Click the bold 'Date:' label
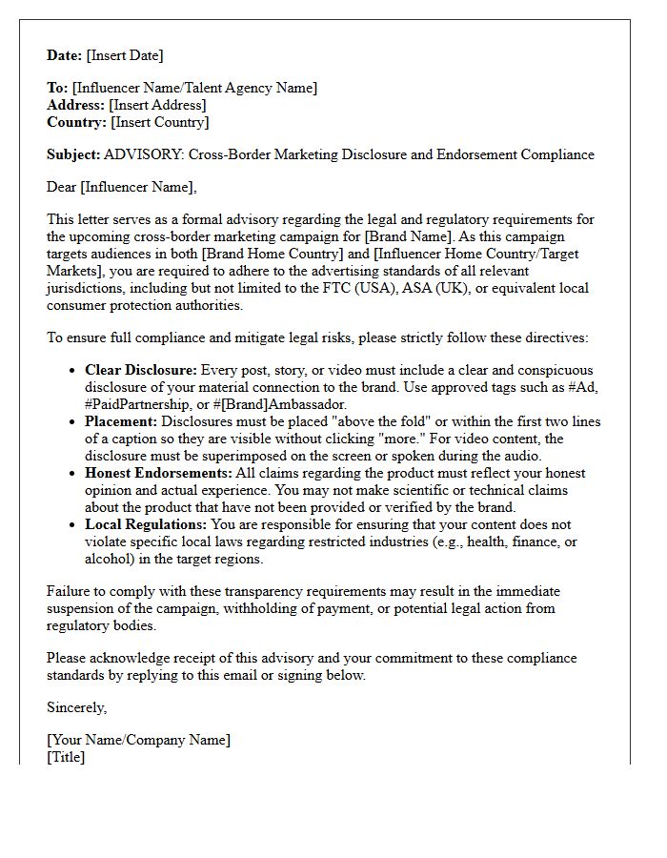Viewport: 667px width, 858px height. [x=65, y=55]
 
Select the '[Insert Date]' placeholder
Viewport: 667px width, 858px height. [x=125, y=55]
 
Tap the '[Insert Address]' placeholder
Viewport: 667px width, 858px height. [x=157, y=105]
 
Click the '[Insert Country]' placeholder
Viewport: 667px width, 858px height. [x=159, y=122]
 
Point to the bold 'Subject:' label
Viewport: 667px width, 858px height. [x=73, y=154]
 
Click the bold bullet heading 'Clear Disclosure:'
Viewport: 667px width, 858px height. [x=141, y=370]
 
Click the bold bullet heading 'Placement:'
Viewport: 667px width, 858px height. [x=121, y=421]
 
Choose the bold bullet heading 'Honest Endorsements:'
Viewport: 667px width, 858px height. [x=157, y=473]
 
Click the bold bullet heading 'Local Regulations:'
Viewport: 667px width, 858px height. [x=146, y=524]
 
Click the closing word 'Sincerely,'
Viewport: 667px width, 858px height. [x=77, y=707]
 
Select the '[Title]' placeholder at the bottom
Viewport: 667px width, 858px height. [x=66, y=757]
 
